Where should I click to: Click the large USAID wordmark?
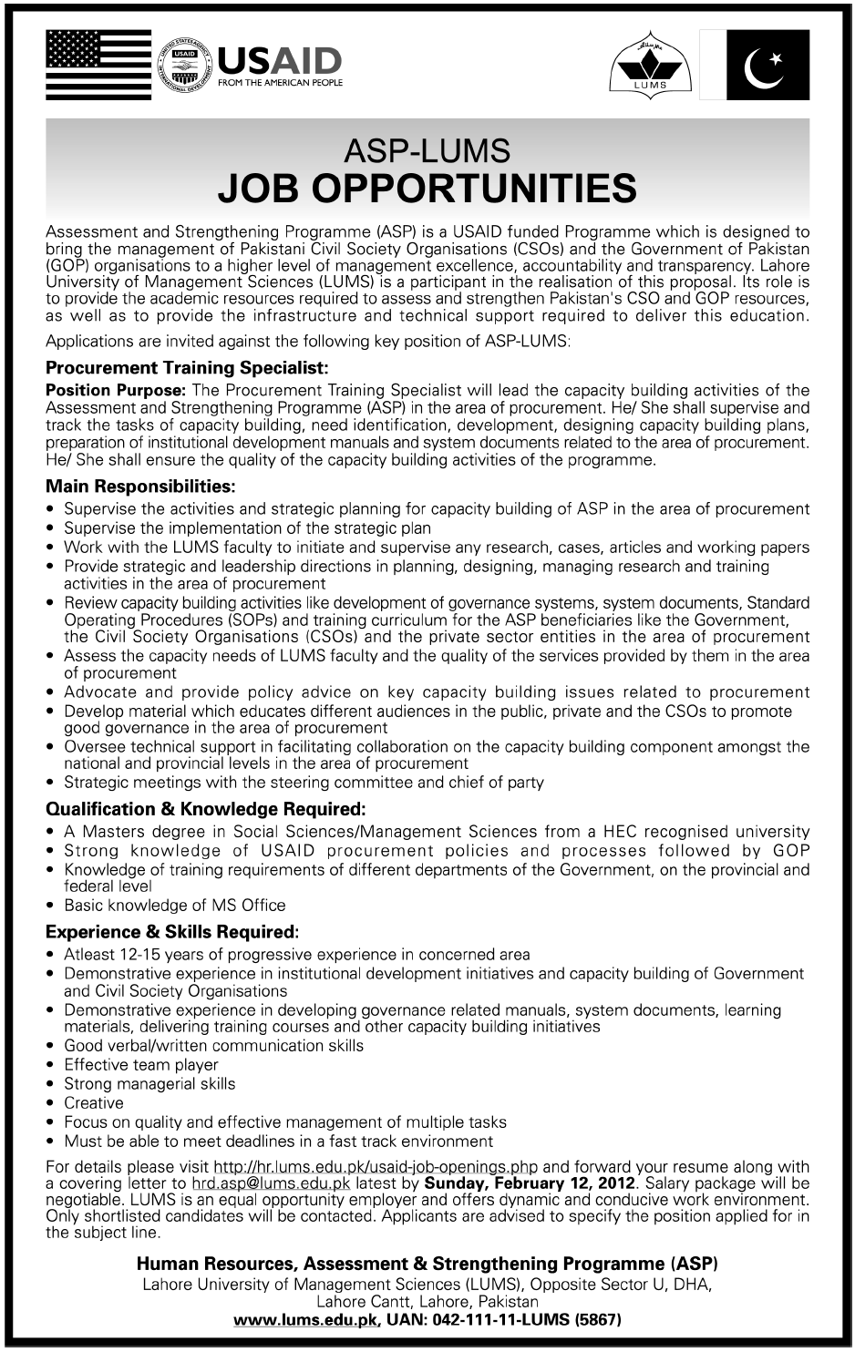pos(279,61)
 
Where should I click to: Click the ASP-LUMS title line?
pos(427,150)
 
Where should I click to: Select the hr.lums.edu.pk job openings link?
pos(375,1167)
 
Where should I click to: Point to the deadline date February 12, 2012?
pos(564,1183)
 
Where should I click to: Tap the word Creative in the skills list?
pos(94,1102)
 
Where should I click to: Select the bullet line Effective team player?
pos(141,1064)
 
